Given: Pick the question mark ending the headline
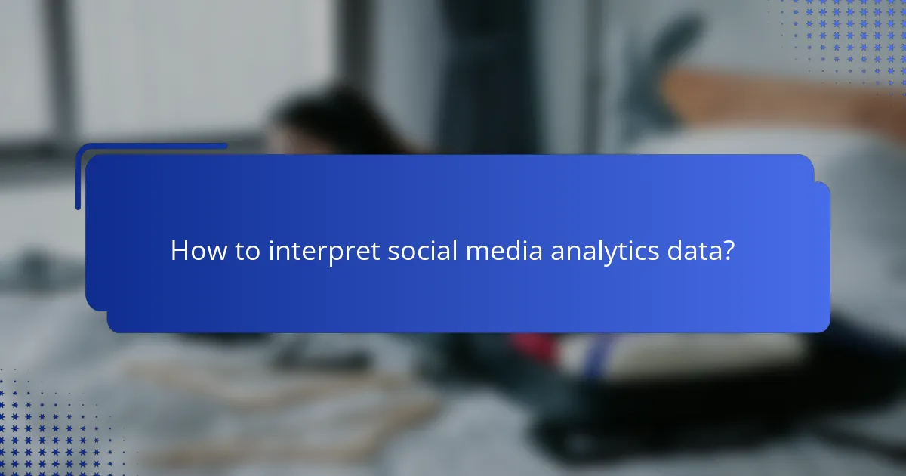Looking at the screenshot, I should [728, 251].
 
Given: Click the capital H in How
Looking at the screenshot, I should [178, 251].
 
